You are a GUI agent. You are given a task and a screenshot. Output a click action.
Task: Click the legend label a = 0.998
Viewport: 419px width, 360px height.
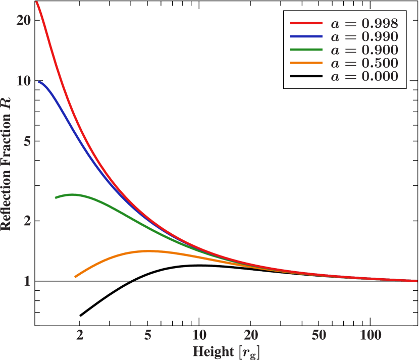pos(364,23)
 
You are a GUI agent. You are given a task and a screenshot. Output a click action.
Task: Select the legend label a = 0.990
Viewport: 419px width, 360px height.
pos(364,36)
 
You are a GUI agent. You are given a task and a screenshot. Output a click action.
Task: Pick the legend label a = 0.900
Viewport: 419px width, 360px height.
pos(364,50)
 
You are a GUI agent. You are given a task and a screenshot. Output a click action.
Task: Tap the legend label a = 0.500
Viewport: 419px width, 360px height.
pos(364,63)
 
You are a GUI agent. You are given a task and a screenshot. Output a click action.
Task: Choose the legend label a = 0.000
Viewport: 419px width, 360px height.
pos(364,77)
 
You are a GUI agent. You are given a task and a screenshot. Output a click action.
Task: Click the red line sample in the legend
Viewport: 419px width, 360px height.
pos(306,23)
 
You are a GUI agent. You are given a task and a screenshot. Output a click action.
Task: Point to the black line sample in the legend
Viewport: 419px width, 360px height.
pos(306,77)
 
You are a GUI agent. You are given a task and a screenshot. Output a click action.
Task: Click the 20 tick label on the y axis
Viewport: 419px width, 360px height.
pos(24,20)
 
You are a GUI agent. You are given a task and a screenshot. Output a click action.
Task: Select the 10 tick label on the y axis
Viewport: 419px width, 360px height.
pos(24,81)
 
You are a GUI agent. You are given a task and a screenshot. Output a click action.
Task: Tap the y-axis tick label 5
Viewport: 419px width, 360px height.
pos(28,141)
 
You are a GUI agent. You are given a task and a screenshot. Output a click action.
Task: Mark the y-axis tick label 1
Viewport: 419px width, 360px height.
pos(28,281)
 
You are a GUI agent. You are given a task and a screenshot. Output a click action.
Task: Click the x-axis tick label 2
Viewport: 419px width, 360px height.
pos(80,334)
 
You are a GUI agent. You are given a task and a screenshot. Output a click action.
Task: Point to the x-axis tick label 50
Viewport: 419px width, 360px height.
pos(319,334)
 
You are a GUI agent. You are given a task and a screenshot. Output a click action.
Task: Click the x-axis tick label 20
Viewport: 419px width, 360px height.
pos(251,334)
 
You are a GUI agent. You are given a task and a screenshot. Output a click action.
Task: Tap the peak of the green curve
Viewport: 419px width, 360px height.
pos(74,194)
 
